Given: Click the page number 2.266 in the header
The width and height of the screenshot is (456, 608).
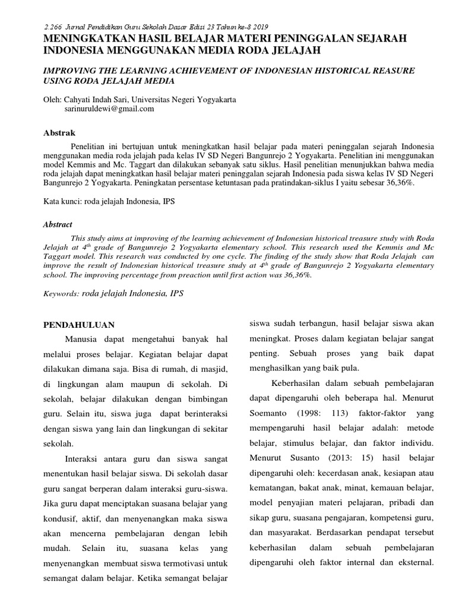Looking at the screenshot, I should [x=55, y=27].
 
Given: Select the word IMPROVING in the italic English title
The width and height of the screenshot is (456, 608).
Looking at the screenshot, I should [x=68, y=70].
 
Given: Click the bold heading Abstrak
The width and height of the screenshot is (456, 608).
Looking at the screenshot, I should [x=59, y=133].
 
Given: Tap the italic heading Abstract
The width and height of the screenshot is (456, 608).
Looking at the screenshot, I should [x=58, y=224].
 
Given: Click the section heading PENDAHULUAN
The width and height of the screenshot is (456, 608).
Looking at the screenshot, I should [x=80, y=325].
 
